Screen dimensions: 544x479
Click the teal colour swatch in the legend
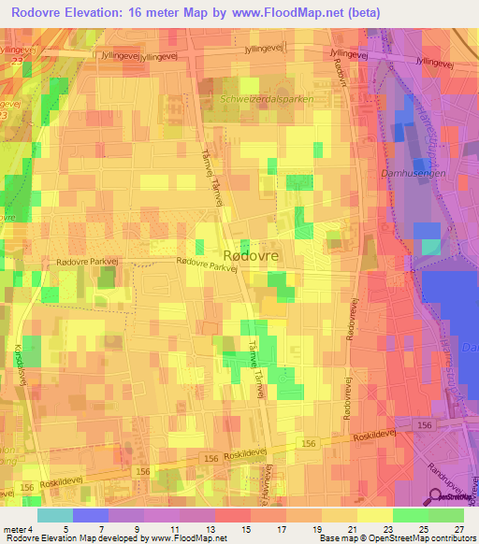pos(55,515)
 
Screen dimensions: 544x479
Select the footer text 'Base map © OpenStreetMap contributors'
pos(396,537)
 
